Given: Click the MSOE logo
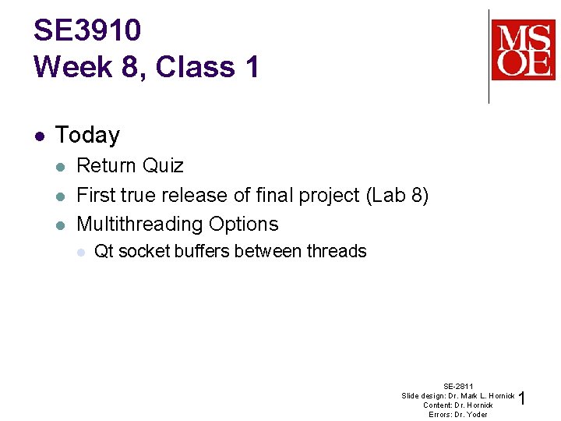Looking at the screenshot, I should pyautogui.click(x=523, y=50).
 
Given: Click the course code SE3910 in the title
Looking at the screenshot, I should pyautogui.click(x=87, y=30).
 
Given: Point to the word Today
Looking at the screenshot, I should pyautogui.click(x=87, y=135).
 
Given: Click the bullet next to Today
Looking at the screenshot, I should pyautogui.click(x=39, y=135).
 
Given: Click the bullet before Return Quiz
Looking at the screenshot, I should pyautogui.click(x=62, y=165).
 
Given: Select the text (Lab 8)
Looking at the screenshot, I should pyautogui.click(x=397, y=195).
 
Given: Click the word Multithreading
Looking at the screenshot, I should pyautogui.click(x=139, y=225).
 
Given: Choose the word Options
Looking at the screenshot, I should pyautogui.click(x=242, y=225).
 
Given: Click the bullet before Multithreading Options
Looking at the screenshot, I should pyautogui.click(x=62, y=225).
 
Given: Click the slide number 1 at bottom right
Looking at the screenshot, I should pyautogui.click(x=522, y=399).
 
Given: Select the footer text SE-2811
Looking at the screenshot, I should pyautogui.click(x=458, y=386).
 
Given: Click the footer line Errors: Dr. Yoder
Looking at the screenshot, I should pyautogui.click(x=458, y=414).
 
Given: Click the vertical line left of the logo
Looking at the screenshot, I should pyautogui.click(x=489, y=56).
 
